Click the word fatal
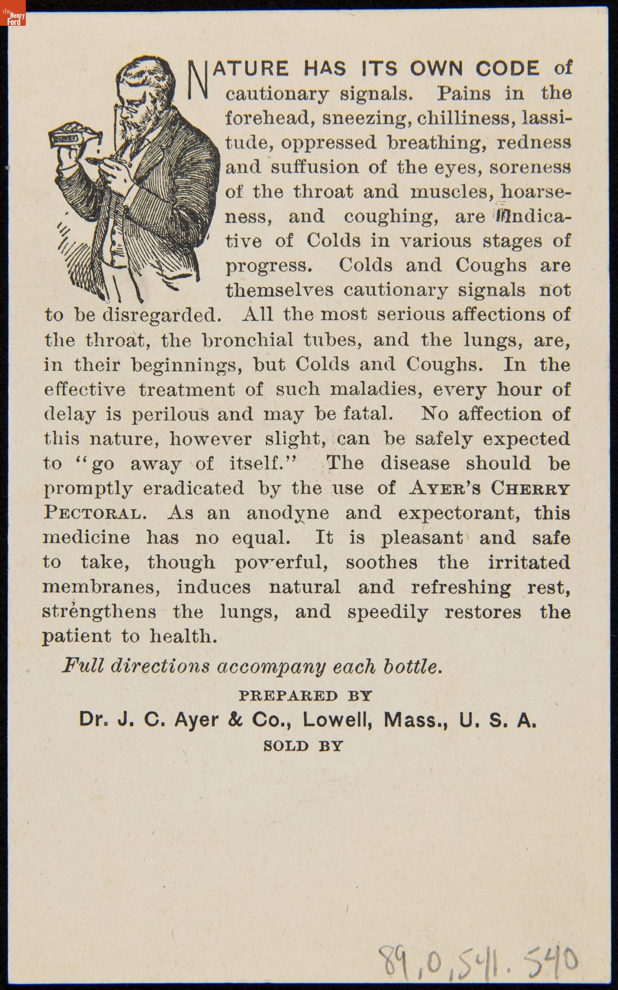369,414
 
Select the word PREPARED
288,696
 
